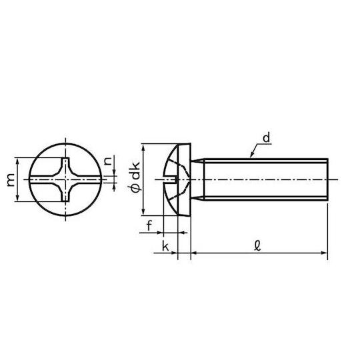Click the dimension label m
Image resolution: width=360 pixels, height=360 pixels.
[x=11, y=180]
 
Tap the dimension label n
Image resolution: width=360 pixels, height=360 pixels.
[x=108, y=161]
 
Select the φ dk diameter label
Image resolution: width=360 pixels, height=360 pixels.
[x=135, y=176]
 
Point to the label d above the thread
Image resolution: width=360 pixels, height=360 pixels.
[x=267, y=138]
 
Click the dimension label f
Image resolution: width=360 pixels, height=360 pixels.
[x=149, y=225]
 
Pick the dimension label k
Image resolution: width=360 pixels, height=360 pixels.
[x=165, y=246]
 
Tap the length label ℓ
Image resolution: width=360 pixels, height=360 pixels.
[x=258, y=246]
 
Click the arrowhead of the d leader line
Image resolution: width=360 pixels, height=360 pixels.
[x=251, y=156]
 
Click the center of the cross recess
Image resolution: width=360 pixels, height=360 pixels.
[x=65, y=179]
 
